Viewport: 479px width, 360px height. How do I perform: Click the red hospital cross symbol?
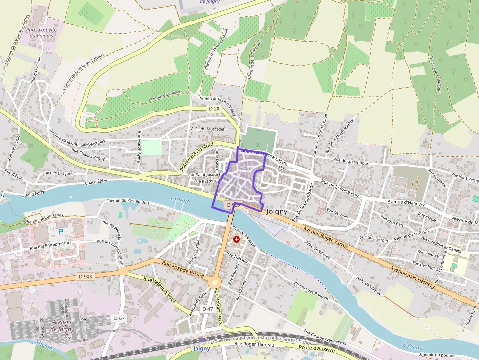(237, 239)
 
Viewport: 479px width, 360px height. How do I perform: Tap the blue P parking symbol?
(61, 232)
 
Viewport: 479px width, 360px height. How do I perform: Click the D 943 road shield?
(86, 276)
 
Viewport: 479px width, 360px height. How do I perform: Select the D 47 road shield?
(207, 309)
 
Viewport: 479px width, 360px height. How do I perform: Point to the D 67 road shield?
(119, 318)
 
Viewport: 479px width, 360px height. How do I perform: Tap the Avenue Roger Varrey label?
(326, 237)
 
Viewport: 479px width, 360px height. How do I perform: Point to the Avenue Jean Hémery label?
(413, 277)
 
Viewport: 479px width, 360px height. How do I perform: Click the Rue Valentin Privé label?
(159, 290)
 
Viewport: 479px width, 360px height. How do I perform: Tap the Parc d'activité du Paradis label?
(43, 32)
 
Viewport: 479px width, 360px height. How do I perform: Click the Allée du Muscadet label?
(208, 129)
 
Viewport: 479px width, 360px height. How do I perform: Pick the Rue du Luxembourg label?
(351, 161)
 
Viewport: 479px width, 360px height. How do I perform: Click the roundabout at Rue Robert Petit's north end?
(215, 282)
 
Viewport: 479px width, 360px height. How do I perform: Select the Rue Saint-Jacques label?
(204, 174)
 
